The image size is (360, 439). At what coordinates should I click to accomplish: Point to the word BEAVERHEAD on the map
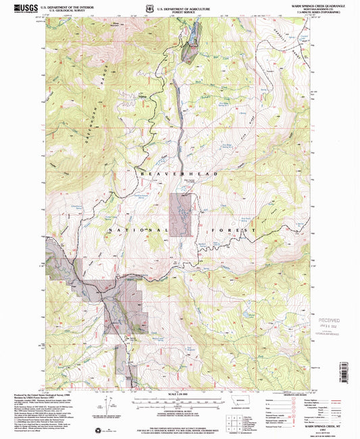click(x=178, y=174)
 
